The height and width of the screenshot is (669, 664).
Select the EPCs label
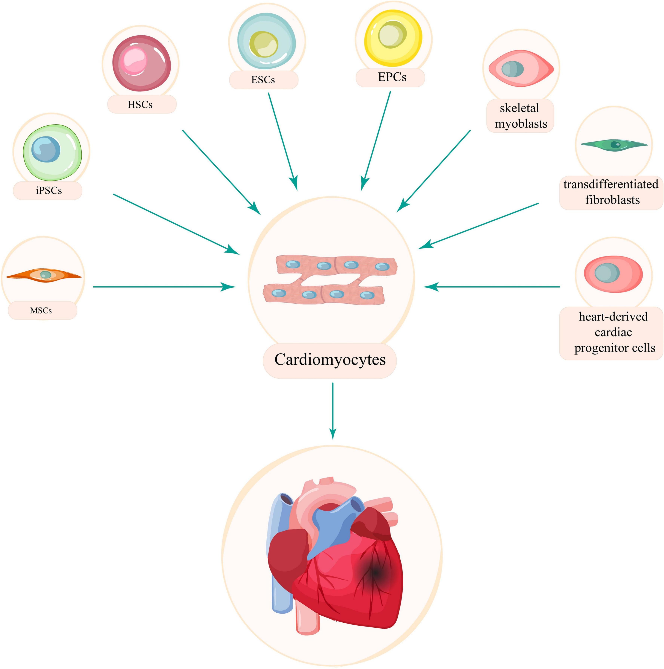point(392,77)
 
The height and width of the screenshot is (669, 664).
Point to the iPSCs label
point(48,190)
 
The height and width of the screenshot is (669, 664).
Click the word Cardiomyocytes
point(330,359)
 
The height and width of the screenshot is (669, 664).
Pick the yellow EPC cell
point(393,38)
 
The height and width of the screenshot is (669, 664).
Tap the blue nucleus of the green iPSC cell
point(45,149)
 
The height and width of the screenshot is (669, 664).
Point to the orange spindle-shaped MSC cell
point(44,275)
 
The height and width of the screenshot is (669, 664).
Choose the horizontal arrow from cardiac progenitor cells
point(492,287)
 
